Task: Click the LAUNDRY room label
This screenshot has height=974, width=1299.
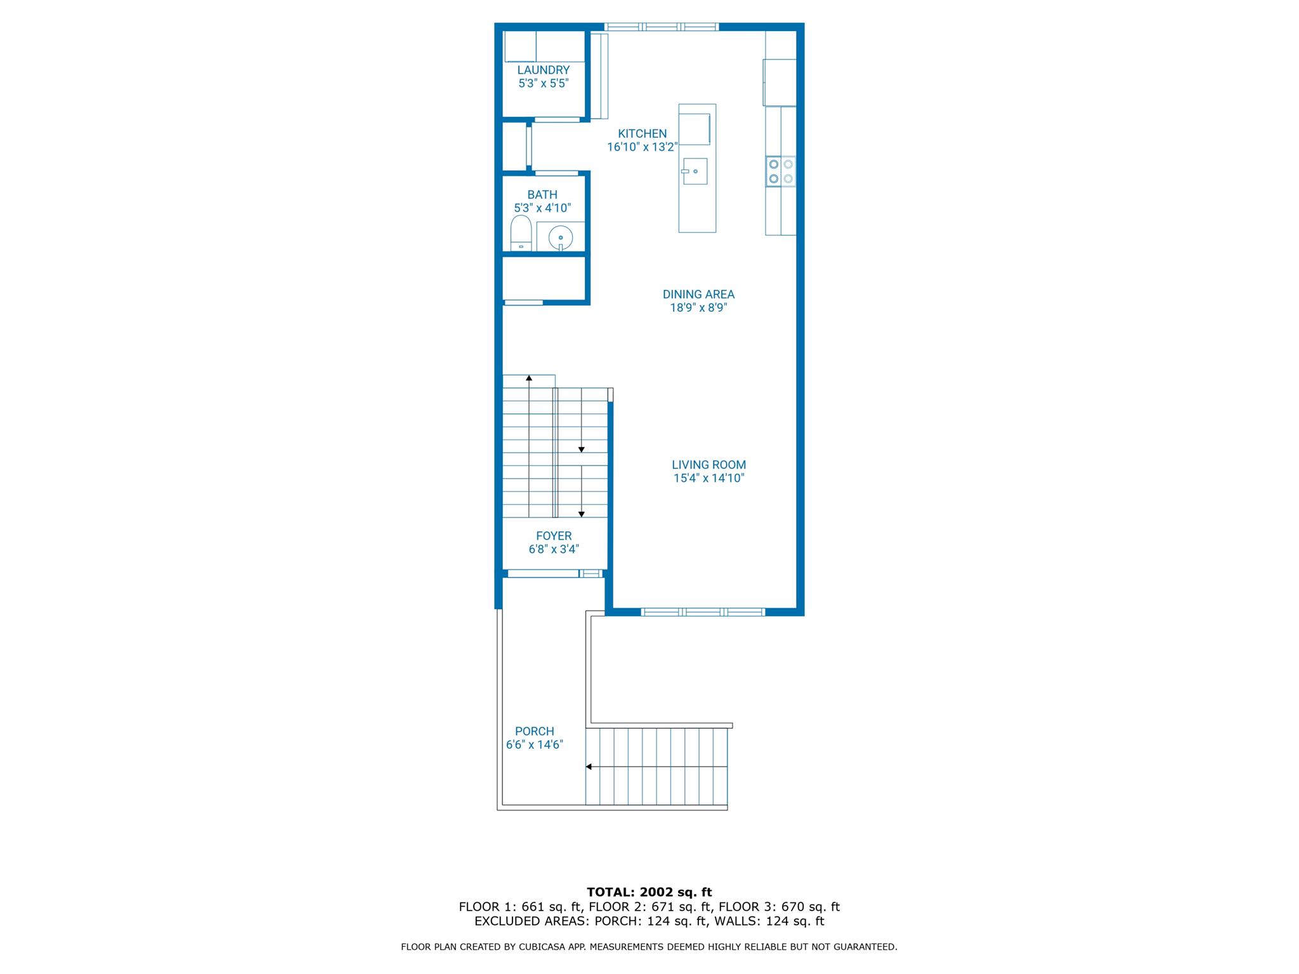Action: [543, 70]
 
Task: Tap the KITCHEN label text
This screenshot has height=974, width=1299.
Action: [642, 134]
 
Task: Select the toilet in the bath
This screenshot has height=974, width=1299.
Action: [521, 233]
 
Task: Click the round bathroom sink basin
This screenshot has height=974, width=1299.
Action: [561, 238]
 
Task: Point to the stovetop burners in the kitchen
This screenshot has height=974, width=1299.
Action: [780, 171]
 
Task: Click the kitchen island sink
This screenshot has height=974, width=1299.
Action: [695, 171]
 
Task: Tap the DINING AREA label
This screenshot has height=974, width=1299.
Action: [698, 294]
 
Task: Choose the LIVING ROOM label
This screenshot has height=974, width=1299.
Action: [708, 465]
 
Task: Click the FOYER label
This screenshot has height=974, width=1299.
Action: [554, 536]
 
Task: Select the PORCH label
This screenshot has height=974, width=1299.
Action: [534, 731]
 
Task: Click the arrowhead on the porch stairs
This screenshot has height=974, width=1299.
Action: [589, 767]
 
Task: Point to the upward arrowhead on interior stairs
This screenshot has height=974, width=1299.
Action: [529, 378]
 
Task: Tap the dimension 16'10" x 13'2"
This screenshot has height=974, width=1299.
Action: [642, 147]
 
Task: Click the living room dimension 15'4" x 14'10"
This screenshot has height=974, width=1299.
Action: [708, 478]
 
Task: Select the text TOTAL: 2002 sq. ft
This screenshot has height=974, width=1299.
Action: [649, 892]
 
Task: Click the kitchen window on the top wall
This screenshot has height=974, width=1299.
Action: [661, 27]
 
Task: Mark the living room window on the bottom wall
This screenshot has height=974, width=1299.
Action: [703, 612]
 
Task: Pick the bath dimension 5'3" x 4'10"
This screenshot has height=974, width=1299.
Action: [542, 208]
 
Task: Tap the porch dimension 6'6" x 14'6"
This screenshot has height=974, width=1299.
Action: [534, 744]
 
